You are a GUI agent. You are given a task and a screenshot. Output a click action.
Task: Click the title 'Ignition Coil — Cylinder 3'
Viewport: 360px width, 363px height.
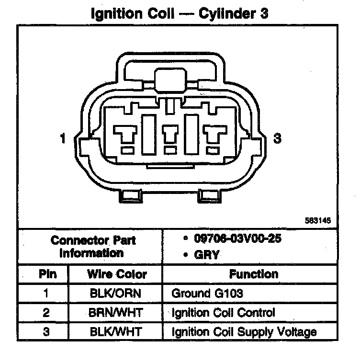point(180,13)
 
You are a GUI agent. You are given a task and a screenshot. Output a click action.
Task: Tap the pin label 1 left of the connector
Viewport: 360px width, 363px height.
point(63,139)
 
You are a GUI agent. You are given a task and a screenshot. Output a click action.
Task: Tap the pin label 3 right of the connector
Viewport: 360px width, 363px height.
point(277,139)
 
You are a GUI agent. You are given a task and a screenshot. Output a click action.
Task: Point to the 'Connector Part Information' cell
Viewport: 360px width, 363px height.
point(93,246)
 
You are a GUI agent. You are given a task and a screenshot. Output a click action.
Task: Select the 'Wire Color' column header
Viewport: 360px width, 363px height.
point(117,274)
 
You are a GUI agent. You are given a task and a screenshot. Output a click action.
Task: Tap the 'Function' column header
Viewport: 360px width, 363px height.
point(253,274)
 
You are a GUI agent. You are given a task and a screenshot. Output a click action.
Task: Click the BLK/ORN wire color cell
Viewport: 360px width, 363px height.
point(116,293)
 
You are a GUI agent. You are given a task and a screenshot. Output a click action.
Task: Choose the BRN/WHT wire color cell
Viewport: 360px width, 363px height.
point(116,313)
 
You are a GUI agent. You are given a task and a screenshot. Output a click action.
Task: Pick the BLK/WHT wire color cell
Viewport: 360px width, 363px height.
point(116,331)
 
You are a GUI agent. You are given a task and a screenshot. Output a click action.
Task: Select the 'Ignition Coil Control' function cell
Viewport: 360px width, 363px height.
point(223,313)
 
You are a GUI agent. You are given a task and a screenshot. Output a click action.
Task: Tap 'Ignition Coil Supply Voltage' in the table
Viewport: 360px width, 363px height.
point(244,331)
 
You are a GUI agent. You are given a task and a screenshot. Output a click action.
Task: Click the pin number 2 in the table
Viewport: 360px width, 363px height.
point(46,313)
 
